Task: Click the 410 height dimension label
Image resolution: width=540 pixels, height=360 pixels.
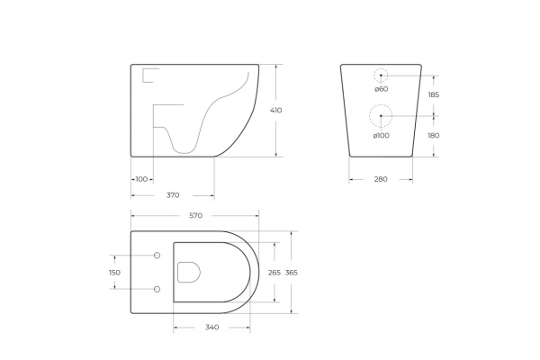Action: [x=276, y=110]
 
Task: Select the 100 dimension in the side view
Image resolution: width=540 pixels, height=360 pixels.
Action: [x=141, y=179]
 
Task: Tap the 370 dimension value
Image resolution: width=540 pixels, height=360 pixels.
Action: [x=173, y=195]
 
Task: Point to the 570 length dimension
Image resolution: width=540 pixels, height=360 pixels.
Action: [x=195, y=216]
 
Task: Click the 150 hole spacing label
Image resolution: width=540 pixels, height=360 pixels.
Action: [x=114, y=273]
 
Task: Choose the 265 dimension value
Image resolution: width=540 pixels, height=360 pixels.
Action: [x=274, y=273]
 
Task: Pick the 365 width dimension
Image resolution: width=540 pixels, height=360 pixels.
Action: [x=292, y=273]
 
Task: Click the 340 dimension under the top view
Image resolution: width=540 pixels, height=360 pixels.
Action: [x=211, y=328]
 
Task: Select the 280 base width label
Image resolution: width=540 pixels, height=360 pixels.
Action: [x=381, y=179]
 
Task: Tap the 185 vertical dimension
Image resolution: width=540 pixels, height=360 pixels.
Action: [x=434, y=94]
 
